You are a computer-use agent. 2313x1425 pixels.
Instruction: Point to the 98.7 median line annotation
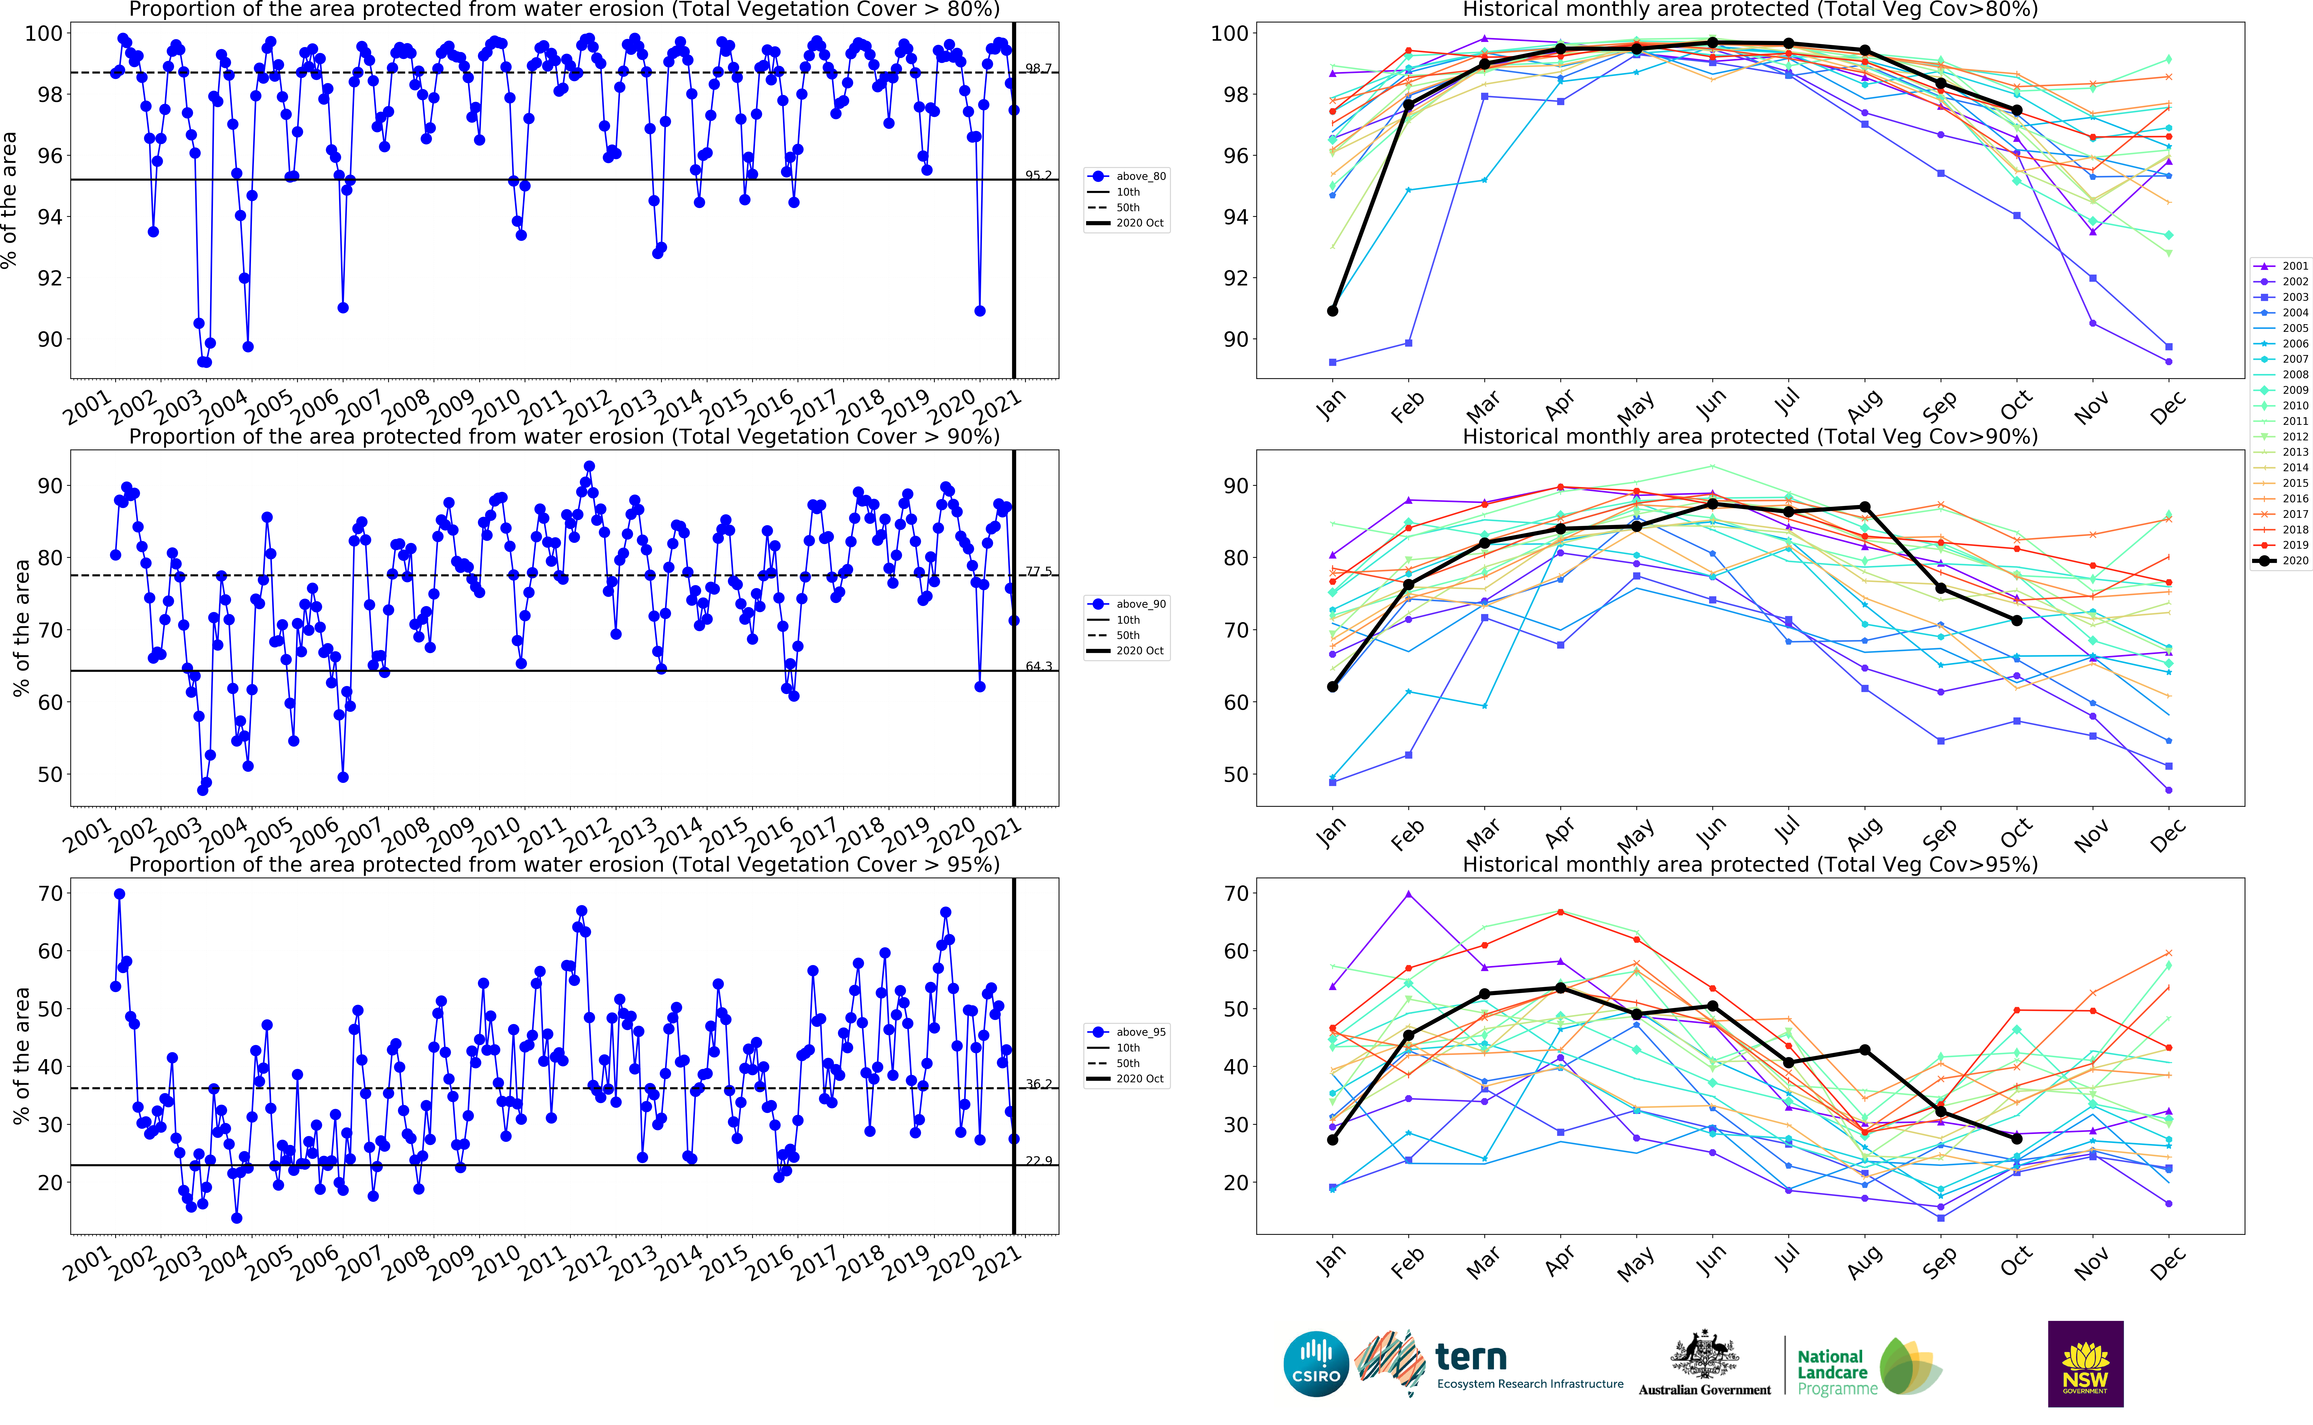(x=1039, y=69)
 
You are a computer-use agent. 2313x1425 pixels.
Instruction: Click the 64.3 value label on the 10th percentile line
(x=1039, y=666)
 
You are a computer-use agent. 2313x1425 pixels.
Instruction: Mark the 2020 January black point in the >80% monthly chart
(x=1332, y=311)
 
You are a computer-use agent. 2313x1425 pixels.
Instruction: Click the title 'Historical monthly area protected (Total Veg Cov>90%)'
(x=1749, y=436)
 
